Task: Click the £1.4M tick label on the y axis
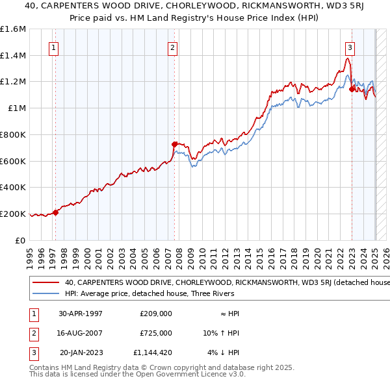coord(14,55)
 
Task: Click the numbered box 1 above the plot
coord(53,47)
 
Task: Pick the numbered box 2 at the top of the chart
coord(172,47)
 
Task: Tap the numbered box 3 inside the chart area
coord(350,47)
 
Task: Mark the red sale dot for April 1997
coord(56,212)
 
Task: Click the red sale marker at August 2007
coord(174,144)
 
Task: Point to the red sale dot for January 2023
coord(352,89)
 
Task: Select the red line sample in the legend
coord(45,283)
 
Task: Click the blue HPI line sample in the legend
coord(45,294)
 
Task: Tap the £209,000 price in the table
coord(156,313)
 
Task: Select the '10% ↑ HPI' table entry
coord(220,333)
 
